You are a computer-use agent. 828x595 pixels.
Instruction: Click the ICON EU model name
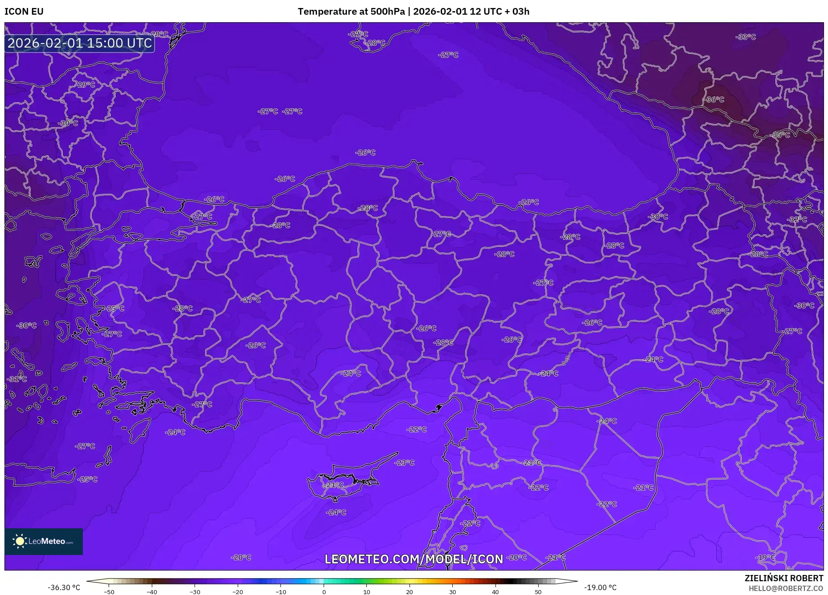pos(24,12)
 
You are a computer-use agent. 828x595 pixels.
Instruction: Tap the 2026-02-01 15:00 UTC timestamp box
pos(80,43)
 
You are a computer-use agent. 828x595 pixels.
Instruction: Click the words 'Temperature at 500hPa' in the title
pos(351,12)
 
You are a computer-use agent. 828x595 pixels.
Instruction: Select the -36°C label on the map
pos(715,100)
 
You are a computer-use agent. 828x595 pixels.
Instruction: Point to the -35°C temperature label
pos(780,135)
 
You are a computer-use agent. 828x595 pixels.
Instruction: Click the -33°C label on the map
pos(746,37)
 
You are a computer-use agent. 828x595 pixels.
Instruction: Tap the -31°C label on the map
pos(17,379)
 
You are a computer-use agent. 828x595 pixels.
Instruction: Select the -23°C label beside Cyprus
pos(404,462)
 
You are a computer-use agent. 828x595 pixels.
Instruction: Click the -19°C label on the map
pos(765,557)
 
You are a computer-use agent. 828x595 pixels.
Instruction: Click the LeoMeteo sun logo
pos(20,541)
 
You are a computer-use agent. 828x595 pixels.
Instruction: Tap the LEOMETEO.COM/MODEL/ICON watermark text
pos(414,559)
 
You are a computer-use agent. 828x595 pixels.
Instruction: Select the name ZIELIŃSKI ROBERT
pos(783,578)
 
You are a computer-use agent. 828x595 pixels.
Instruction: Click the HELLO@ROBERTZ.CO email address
pos(786,588)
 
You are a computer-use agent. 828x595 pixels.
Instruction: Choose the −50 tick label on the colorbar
pos(109,592)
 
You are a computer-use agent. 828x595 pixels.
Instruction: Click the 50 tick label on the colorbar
pos(538,592)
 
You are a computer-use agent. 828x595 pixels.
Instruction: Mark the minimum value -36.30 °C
pos(64,587)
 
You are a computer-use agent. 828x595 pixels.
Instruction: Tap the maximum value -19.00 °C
pos(600,587)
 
